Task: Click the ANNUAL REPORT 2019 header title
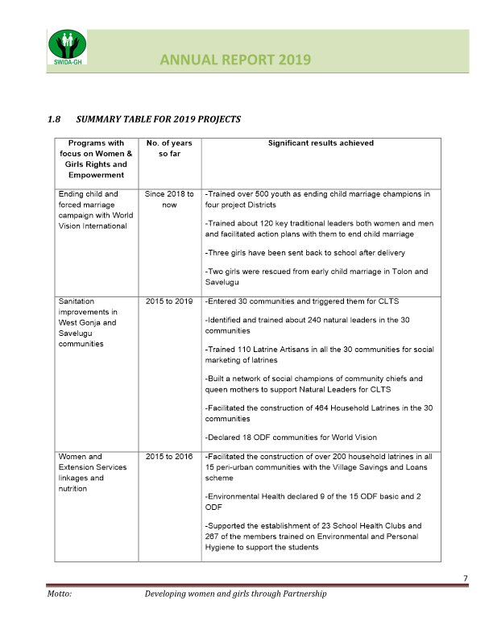(235, 60)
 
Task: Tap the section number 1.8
(55, 120)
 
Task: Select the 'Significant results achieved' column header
(321, 143)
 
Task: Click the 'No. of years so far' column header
(169, 147)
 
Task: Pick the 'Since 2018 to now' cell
(169, 199)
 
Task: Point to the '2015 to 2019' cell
(169, 301)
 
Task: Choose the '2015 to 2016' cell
(169, 457)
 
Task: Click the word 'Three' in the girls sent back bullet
(221, 252)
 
